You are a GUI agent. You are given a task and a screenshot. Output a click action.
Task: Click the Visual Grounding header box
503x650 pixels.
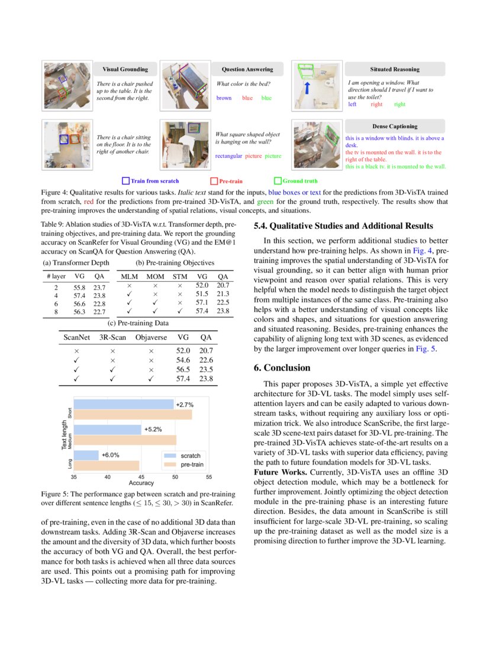(125, 69)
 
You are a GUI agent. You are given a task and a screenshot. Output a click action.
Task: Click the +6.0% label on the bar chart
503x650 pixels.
(111, 455)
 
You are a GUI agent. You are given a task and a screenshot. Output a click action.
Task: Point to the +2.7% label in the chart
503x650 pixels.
(185, 405)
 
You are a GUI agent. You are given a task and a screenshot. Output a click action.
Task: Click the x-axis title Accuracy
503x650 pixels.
(141, 483)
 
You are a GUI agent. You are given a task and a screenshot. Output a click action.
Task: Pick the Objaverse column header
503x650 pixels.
(151, 337)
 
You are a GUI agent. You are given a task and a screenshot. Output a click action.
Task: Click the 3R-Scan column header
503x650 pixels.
(112, 337)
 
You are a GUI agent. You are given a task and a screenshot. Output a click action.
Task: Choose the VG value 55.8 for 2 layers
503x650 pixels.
(79, 287)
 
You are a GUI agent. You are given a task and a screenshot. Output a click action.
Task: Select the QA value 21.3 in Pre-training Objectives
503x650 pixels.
(223, 294)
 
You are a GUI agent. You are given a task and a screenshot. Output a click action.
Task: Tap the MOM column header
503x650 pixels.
(156, 277)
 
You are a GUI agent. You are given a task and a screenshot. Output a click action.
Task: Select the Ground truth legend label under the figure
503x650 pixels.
(299, 181)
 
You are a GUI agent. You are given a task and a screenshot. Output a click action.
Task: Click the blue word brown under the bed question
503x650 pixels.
(224, 98)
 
